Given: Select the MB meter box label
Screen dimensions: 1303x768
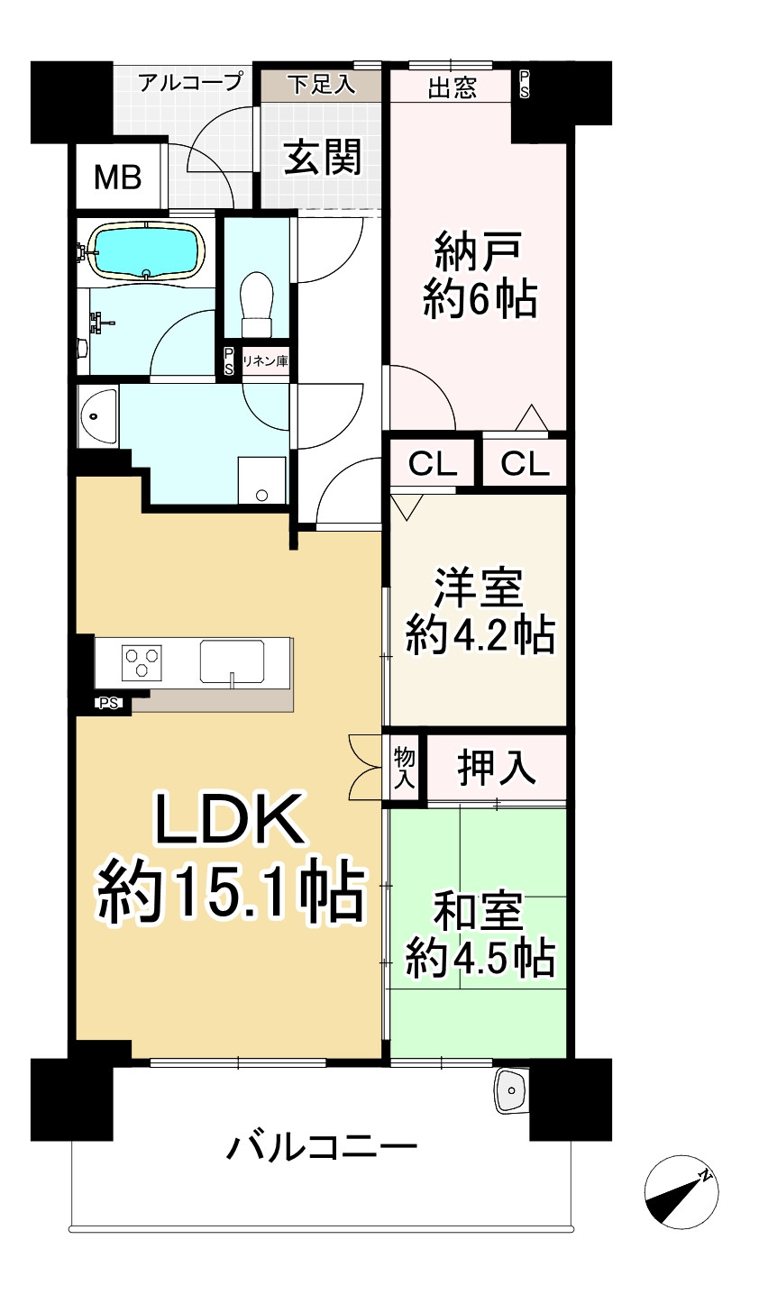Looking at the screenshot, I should click(118, 178).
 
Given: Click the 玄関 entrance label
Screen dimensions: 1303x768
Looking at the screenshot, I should click(323, 157).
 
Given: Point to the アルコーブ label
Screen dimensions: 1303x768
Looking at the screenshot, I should click(190, 83).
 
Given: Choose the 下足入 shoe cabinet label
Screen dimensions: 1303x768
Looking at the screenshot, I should click(321, 85).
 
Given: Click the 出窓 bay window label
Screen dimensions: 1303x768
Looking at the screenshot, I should click(452, 88).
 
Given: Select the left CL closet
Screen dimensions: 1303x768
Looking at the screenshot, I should click(433, 464).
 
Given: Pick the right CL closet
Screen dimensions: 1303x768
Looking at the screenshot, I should click(525, 464).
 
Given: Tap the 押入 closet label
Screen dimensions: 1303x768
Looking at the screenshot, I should click(497, 768).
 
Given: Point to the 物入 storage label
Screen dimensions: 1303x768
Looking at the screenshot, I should click(404, 768).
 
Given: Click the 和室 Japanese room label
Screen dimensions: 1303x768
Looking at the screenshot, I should click(479, 913).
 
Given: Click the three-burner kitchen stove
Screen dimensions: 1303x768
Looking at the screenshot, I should click(142, 662).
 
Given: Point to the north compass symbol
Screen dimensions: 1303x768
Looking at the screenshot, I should click(681, 1191).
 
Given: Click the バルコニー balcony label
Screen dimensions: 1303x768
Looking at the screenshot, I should click(322, 1148).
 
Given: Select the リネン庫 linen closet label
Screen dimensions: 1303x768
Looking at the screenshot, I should click(265, 361).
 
